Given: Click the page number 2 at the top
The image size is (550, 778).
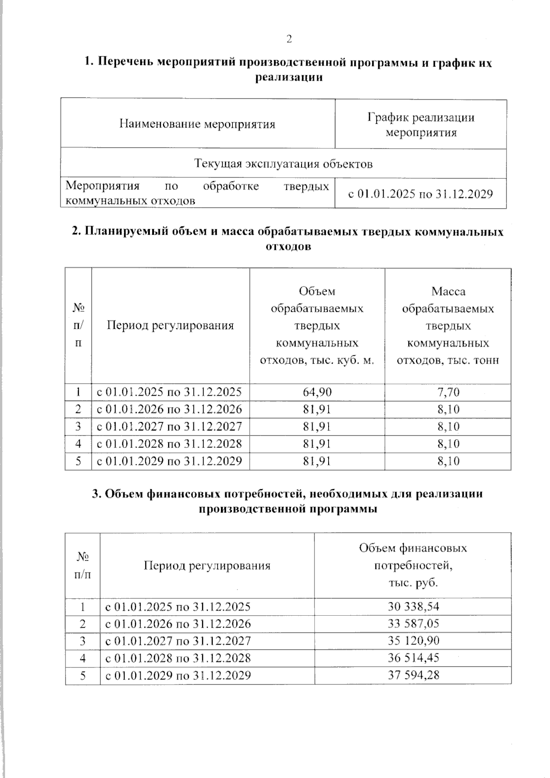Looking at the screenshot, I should [289, 39].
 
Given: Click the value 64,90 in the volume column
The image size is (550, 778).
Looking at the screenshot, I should [317, 392].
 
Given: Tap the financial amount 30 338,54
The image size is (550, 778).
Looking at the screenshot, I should [413, 607].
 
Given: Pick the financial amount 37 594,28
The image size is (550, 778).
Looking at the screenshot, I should [413, 675].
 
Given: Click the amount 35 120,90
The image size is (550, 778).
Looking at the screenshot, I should [413, 640].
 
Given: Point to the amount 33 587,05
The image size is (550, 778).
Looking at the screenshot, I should [413, 624].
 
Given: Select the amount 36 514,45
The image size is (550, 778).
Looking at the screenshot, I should [413, 658].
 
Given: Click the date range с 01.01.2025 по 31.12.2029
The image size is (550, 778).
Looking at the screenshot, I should [421, 194].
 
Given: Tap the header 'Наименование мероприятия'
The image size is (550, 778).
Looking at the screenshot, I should [197, 124].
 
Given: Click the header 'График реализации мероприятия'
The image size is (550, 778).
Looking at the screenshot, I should [421, 125].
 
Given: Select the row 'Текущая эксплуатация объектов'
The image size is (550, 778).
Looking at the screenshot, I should [283, 164].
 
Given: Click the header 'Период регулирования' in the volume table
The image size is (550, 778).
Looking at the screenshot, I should [170, 326].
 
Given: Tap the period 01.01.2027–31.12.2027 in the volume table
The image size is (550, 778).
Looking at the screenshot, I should [169, 426].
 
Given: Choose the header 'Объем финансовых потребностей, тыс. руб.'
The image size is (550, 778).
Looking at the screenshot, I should [413, 566].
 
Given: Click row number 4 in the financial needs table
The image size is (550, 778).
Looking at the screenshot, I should [82, 658].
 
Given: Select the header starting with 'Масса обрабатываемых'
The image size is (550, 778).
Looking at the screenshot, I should [448, 326].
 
